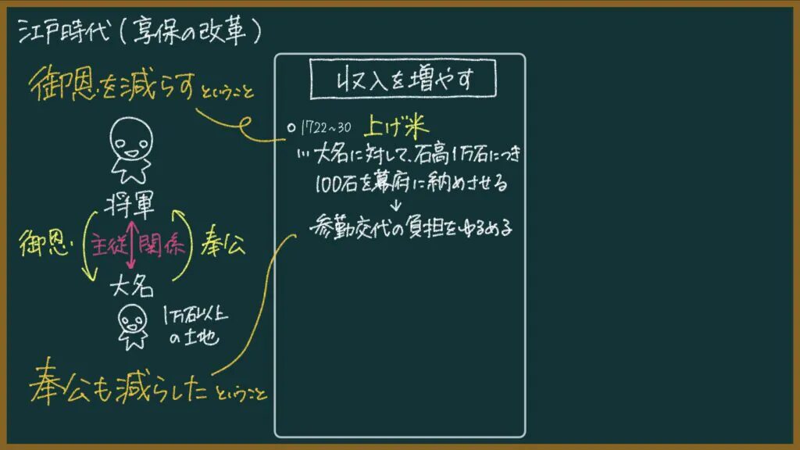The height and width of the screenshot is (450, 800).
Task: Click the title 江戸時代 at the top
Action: (x=64, y=31)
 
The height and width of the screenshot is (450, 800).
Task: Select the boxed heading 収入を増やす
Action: (x=403, y=79)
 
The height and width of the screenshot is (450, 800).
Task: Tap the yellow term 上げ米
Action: (x=396, y=126)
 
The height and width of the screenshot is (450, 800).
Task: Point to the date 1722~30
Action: (x=326, y=127)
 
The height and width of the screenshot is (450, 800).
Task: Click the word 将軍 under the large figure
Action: (x=130, y=205)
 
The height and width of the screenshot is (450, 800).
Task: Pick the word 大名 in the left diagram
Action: (x=131, y=286)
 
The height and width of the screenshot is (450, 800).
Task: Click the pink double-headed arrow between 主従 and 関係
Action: (x=131, y=245)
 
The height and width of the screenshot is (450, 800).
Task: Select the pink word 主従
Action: (x=108, y=245)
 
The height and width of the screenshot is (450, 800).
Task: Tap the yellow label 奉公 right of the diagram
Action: (x=223, y=242)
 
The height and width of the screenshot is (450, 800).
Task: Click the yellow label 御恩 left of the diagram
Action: (x=45, y=243)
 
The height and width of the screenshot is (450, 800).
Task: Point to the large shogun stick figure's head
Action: (x=131, y=138)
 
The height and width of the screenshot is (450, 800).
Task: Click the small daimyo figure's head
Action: (x=133, y=320)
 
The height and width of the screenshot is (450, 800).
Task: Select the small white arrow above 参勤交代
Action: (x=396, y=205)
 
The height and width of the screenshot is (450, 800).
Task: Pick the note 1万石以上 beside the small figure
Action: (x=195, y=314)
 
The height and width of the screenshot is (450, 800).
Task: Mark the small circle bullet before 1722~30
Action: (x=291, y=128)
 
